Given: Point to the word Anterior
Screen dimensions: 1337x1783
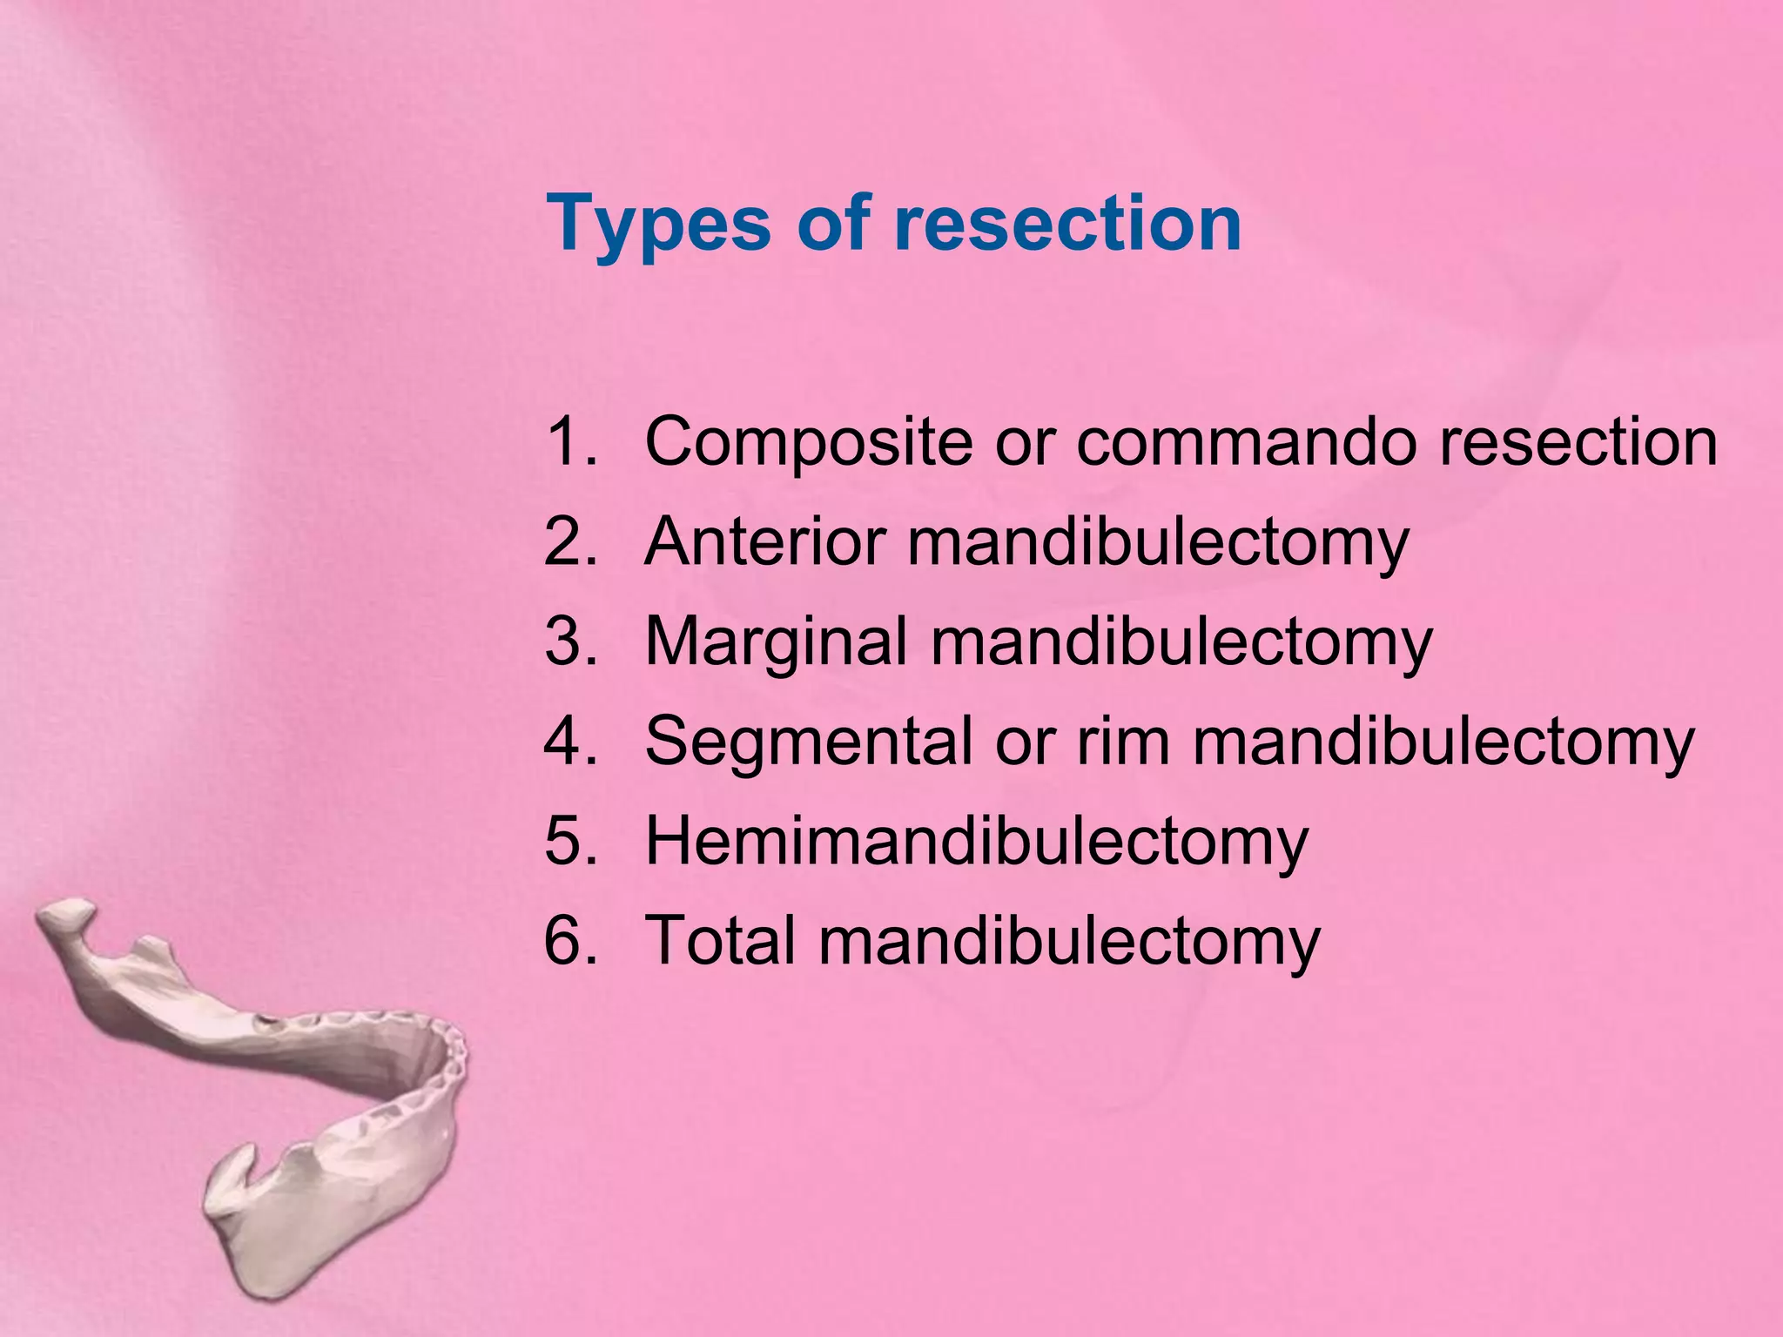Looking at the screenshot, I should pyautogui.click(x=765, y=542).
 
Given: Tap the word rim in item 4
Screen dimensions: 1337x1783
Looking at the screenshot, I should pyautogui.click(x=1123, y=742).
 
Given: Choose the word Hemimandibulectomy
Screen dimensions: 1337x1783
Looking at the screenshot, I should pyautogui.click(x=976, y=842).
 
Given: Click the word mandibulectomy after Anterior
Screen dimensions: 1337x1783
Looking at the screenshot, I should pyautogui.click(x=1158, y=542).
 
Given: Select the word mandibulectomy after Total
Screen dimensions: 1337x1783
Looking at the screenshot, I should pyautogui.click(x=1069, y=940).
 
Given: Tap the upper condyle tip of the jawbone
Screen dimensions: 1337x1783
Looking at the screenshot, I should pyautogui.click(x=65, y=916).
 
